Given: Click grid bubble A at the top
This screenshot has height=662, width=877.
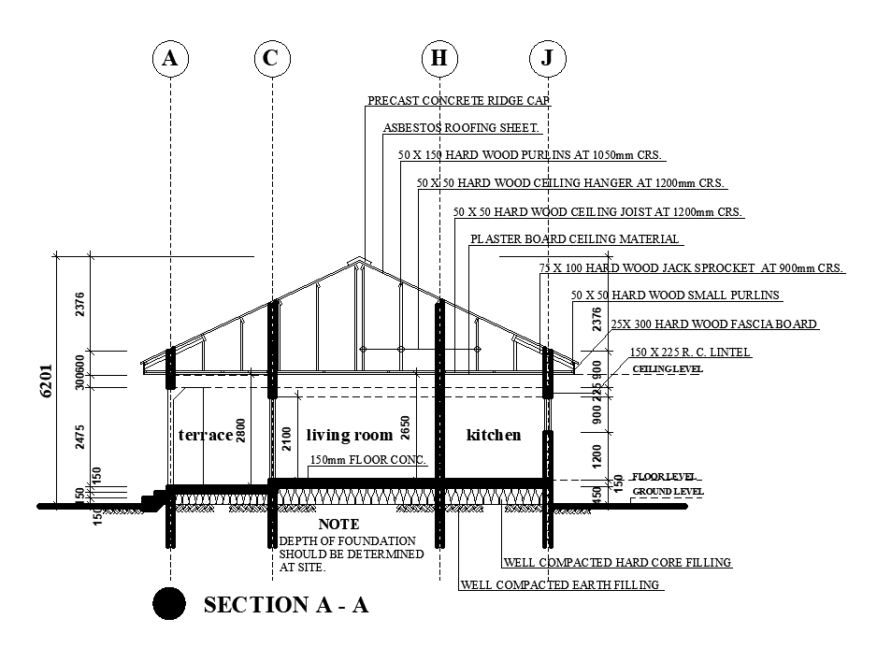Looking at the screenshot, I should point(169,58).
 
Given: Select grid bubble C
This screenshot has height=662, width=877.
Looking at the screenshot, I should point(270,58).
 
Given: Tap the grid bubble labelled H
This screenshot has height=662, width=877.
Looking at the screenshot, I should point(438,58).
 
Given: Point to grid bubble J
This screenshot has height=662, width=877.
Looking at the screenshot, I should point(547,58).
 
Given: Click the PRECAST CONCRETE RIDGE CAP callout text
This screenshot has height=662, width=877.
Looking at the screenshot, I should point(458,100).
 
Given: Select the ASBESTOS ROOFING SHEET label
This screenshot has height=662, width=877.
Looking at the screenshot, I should point(461,128).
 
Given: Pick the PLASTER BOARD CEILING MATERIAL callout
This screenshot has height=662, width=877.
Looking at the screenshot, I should point(574,239).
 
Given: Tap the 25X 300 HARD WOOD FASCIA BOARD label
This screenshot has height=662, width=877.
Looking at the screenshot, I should point(713,324).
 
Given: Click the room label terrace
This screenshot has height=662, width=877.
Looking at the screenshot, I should point(205,435).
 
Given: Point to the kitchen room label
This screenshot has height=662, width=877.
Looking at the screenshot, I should point(494,435).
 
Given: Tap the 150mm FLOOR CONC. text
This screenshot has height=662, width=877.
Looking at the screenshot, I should point(367,460).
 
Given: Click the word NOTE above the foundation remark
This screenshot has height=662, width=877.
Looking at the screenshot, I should point(338,525).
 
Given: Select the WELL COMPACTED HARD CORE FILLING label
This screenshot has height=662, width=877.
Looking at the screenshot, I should point(617,563).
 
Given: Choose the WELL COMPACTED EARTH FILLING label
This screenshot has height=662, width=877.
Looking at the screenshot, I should point(561,585).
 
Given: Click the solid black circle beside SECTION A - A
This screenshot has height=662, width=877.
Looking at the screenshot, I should point(168,604).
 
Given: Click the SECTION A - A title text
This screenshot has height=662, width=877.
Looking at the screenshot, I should point(285,605).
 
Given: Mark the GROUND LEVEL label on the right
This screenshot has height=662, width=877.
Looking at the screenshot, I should point(668,492).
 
